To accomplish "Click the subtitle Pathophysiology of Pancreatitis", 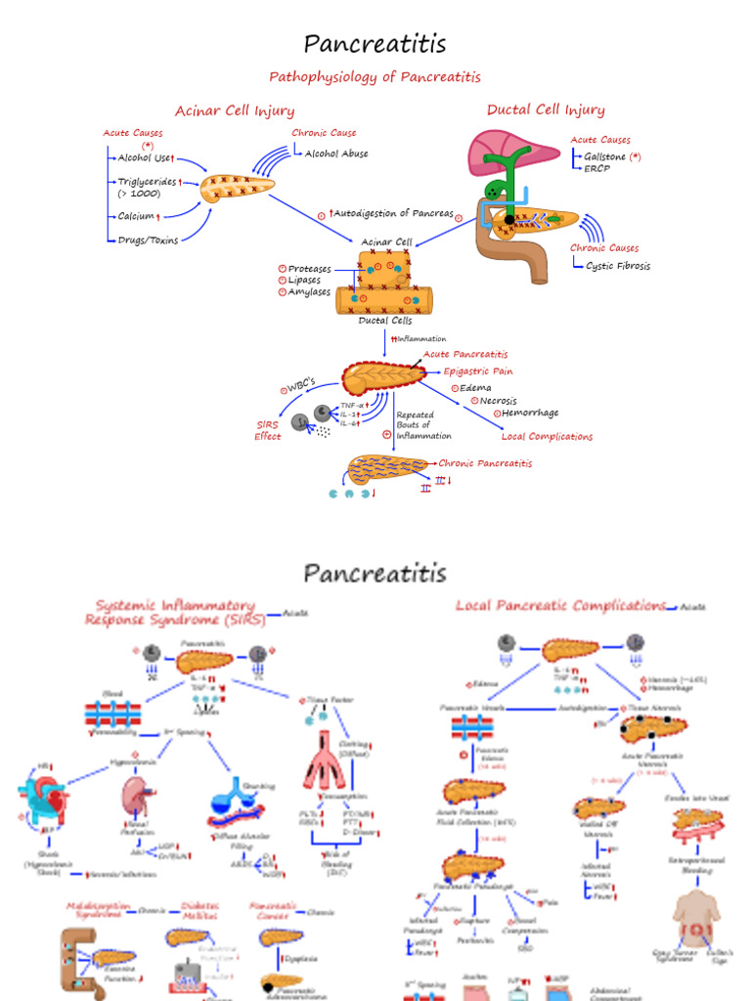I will click(375, 76).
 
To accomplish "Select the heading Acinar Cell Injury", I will click(235, 110).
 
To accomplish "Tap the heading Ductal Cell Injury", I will click(546, 109).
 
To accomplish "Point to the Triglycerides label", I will click(147, 182).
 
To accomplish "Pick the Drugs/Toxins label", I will click(148, 239).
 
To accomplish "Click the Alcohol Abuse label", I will click(336, 153).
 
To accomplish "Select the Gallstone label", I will click(605, 156).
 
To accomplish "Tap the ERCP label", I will click(596, 168).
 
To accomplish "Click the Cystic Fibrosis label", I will click(618, 265).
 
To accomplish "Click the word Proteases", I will click(309, 269).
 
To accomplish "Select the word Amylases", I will click(309, 291).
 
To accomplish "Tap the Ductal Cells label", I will click(385, 320).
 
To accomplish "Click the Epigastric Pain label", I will click(478, 371).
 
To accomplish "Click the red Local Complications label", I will click(547, 437).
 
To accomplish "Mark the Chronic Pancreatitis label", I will click(485, 463).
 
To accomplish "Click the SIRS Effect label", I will click(268, 431).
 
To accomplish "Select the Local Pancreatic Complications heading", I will click(560, 606).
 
